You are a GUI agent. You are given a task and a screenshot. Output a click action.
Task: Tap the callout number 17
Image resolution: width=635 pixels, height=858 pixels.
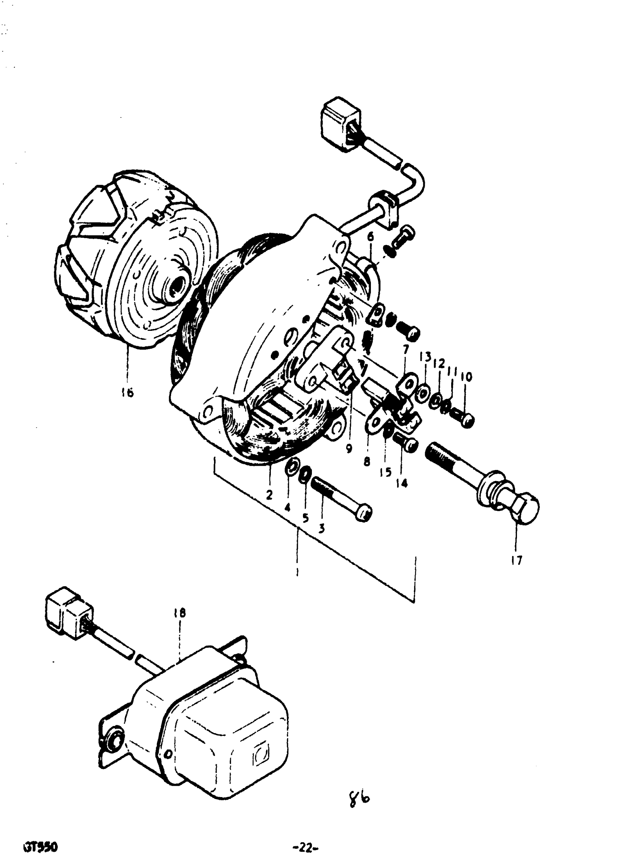pos(517,560)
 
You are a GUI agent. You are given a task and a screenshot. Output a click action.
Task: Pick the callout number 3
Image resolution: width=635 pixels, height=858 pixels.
pos(321,528)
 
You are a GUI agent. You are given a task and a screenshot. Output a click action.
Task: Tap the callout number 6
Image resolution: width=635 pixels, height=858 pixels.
pos(370,237)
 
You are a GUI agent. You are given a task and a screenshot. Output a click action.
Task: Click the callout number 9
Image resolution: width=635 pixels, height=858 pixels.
pos(349,448)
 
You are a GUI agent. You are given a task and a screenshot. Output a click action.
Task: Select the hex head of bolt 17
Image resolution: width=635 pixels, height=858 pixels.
pos(526,507)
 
